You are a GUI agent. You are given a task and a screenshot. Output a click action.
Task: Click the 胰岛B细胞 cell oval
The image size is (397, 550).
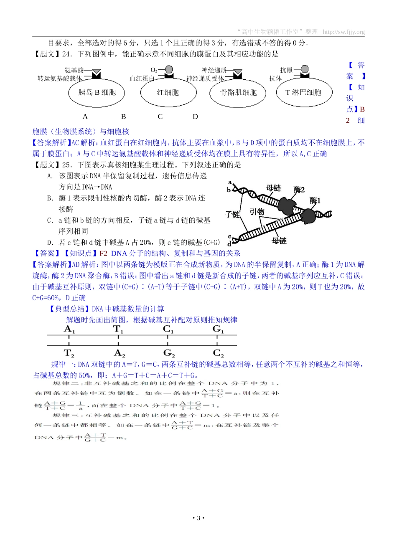[97, 93]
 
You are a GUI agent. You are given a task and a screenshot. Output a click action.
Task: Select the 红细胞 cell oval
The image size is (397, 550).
[168, 93]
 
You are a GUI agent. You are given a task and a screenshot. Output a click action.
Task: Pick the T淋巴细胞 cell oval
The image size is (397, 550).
[303, 93]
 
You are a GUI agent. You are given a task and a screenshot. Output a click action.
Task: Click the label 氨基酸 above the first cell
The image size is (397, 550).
[74, 70]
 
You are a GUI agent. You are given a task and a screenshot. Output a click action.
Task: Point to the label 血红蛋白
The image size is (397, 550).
[142, 79]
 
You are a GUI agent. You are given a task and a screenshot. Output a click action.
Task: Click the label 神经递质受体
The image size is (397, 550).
[205, 79]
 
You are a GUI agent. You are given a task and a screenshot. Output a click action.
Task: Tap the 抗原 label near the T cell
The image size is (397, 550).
[286, 70]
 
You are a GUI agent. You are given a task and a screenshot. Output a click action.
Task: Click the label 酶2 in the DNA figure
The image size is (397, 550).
[299, 190]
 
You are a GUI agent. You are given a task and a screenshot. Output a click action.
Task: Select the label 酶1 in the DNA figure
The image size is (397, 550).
[315, 200]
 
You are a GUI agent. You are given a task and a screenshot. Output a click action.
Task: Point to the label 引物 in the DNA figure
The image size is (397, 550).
[257, 212]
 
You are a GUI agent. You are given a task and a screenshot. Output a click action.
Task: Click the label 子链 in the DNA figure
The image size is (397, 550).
[232, 214]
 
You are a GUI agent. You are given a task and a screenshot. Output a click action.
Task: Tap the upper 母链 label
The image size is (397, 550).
[273, 188]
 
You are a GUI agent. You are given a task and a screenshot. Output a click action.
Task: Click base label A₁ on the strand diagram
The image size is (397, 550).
[69, 329]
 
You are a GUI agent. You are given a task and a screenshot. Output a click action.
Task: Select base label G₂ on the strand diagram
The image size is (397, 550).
[169, 353]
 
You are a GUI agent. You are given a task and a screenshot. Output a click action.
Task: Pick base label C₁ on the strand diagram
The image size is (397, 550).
[168, 329]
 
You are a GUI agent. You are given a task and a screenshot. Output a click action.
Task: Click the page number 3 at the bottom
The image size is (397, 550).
[198, 518]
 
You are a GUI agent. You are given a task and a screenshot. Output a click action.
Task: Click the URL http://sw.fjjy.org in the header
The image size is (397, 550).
[344, 32]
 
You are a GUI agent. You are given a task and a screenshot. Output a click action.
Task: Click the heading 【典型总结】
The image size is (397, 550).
[70, 309]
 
